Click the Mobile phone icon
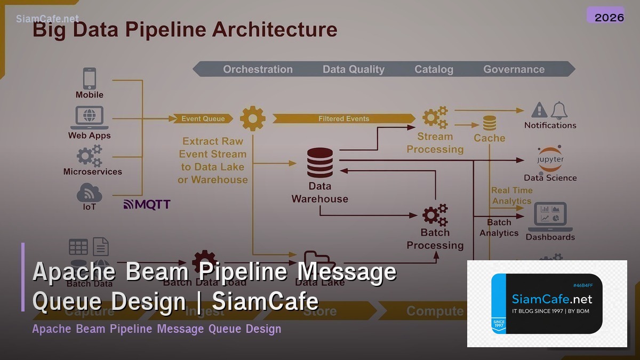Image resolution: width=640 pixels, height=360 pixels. tap(89, 78)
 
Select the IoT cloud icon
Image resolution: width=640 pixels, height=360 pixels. tap(89, 192)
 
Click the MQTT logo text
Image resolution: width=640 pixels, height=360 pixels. tap(147, 204)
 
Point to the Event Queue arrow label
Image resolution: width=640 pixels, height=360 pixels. tap(203, 118)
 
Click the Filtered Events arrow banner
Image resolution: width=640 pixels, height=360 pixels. tap(343, 118)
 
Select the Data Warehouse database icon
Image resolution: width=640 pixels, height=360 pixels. tap(319, 163)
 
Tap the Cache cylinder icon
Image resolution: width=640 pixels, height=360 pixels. tap(490, 124)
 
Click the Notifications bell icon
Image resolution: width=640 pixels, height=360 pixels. tap(559, 110)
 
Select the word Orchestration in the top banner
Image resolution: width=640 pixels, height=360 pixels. tap(258, 69)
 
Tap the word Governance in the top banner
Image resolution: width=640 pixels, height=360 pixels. tap(514, 69)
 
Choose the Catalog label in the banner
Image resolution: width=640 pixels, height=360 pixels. tap(434, 69)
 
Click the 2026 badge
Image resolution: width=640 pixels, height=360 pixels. tap(609, 17)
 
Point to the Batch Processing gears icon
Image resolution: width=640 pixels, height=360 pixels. tap(435, 215)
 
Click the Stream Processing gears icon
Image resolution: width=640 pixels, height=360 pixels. tap(435, 118)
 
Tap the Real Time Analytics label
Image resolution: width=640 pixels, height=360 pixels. tap(511, 196)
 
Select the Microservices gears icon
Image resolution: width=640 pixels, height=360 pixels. tap(89, 156)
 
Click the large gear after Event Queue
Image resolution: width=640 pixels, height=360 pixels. tap(252, 118)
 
